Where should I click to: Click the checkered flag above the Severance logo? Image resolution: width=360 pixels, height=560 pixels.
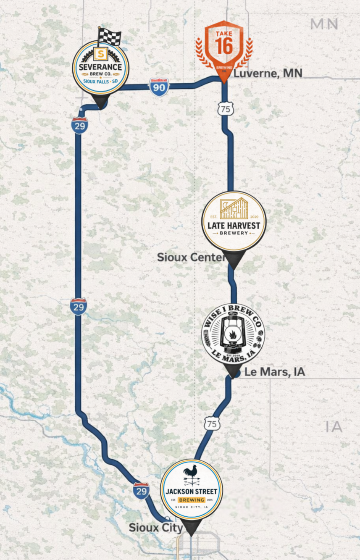point(109,37)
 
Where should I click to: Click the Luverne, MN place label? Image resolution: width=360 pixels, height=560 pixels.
point(268,74)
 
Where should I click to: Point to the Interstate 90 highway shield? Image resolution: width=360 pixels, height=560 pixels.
point(159,87)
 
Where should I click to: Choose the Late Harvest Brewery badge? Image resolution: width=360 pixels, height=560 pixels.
point(234,221)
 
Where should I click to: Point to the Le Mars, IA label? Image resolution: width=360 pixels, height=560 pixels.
point(274,372)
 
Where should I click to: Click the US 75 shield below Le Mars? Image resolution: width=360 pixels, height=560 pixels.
point(212,424)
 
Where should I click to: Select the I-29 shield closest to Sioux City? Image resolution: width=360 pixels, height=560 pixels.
point(142,490)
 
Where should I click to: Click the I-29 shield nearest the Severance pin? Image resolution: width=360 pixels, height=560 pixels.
point(79,125)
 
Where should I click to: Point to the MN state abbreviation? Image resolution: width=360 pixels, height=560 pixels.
point(324,24)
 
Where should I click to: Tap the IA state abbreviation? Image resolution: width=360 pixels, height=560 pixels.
point(334,427)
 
